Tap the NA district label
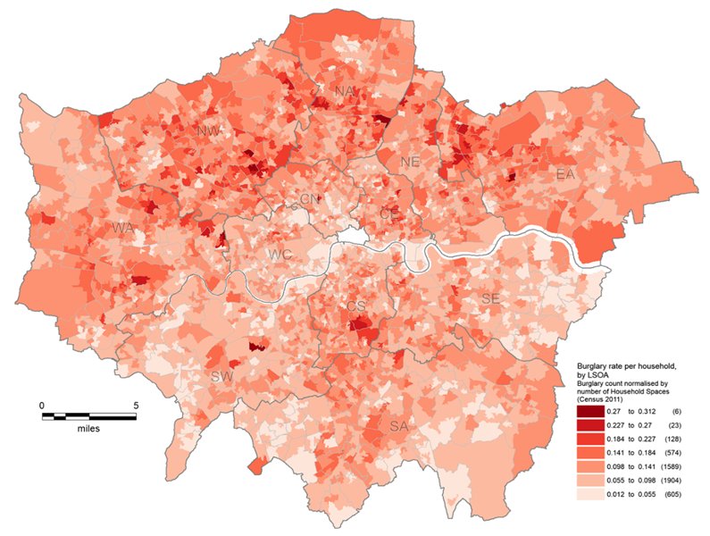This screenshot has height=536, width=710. (344, 92)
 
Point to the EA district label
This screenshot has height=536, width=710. (564, 173)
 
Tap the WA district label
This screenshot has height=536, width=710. (123, 230)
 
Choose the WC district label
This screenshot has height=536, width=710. (280, 255)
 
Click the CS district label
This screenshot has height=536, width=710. (356, 306)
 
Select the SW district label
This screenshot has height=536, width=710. (221, 377)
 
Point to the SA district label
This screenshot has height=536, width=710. (398, 427)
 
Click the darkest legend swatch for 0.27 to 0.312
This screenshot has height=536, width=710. (589, 412)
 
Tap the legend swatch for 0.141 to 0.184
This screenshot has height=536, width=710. (589, 452)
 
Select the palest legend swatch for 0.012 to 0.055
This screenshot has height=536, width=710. (589, 493)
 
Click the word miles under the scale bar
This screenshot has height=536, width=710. (87, 429)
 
